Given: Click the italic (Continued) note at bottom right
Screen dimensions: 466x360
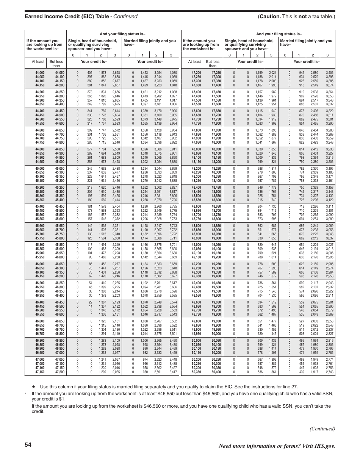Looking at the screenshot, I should pos(322,428).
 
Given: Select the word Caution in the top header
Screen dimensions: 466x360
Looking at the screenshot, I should pos(271,17).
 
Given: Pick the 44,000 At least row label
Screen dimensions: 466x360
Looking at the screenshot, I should pos(40,72).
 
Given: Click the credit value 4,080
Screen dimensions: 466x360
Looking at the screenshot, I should pos(173,72).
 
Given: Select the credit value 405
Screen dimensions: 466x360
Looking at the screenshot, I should pos(90,72).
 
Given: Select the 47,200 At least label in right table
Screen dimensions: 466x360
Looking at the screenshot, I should pos(196,72).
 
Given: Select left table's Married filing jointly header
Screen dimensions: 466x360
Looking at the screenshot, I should pos(150,42).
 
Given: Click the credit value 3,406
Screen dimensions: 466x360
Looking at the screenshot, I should pos(330,72).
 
